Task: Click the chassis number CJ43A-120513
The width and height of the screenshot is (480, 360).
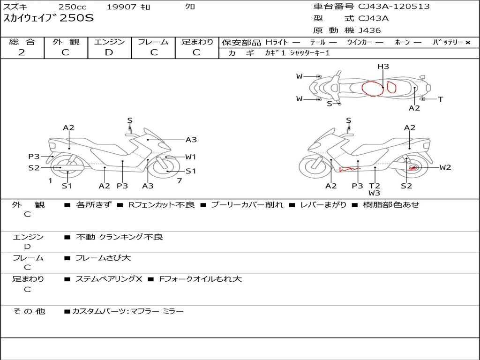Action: (x=394, y=7)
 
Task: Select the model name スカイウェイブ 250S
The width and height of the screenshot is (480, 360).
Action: (x=48, y=18)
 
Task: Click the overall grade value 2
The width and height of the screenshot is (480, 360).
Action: (x=22, y=52)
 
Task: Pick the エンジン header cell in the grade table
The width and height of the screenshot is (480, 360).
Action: (x=109, y=42)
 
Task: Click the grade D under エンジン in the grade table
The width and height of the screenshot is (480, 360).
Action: (x=109, y=52)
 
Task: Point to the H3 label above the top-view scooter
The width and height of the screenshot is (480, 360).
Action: (x=383, y=67)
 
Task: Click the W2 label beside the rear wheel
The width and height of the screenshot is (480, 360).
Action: (x=445, y=167)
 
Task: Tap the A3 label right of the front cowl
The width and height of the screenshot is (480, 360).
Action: (x=191, y=140)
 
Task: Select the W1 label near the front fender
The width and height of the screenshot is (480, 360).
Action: (x=190, y=157)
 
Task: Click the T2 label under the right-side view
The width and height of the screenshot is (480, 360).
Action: (x=375, y=186)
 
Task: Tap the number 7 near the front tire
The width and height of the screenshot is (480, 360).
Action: (x=180, y=181)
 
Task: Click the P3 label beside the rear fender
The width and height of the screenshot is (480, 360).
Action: (x=34, y=157)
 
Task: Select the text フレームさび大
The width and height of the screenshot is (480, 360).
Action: (x=103, y=258)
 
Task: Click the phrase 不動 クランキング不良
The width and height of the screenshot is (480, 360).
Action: (x=120, y=237)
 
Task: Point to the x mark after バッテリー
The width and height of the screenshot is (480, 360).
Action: (x=468, y=43)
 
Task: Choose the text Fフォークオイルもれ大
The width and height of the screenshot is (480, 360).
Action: (x=201, y=279)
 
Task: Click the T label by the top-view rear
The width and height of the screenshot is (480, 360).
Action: (x=441, y=99)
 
